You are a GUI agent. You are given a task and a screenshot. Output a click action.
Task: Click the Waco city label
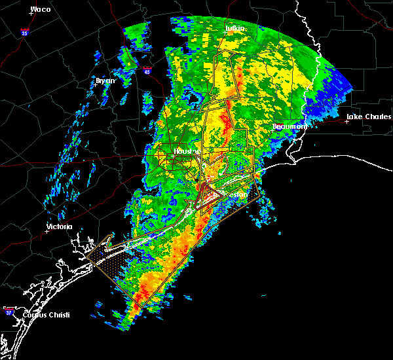41,10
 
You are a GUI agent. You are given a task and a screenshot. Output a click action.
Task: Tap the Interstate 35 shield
24,31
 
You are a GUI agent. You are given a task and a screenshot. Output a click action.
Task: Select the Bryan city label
105,81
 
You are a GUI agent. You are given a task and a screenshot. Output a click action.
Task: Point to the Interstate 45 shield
147,70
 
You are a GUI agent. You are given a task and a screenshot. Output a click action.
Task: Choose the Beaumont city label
289,126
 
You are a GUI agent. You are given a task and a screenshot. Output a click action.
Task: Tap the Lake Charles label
369,117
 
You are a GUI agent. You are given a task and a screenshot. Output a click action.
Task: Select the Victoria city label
58,228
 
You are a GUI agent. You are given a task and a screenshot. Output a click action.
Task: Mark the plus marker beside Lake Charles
346,120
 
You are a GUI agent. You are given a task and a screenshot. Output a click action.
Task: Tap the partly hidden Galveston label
237,194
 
